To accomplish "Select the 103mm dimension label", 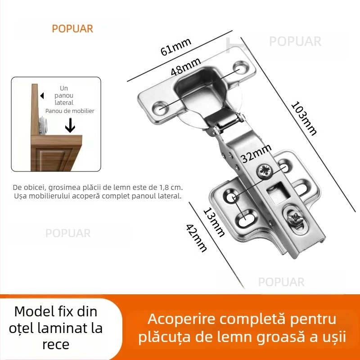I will coord(304,118).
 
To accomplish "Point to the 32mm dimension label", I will coord(256,153).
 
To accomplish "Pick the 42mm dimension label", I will coord(197,238).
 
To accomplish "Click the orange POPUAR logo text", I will coord(72,29).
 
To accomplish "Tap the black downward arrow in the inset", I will coord(70,126).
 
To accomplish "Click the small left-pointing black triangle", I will coord(42,96).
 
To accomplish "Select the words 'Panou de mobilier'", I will coord(70,111).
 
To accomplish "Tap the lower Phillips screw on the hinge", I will coord(296,218).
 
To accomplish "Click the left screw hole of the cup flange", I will coord(159,108).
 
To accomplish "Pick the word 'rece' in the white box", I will coord(56,344).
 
